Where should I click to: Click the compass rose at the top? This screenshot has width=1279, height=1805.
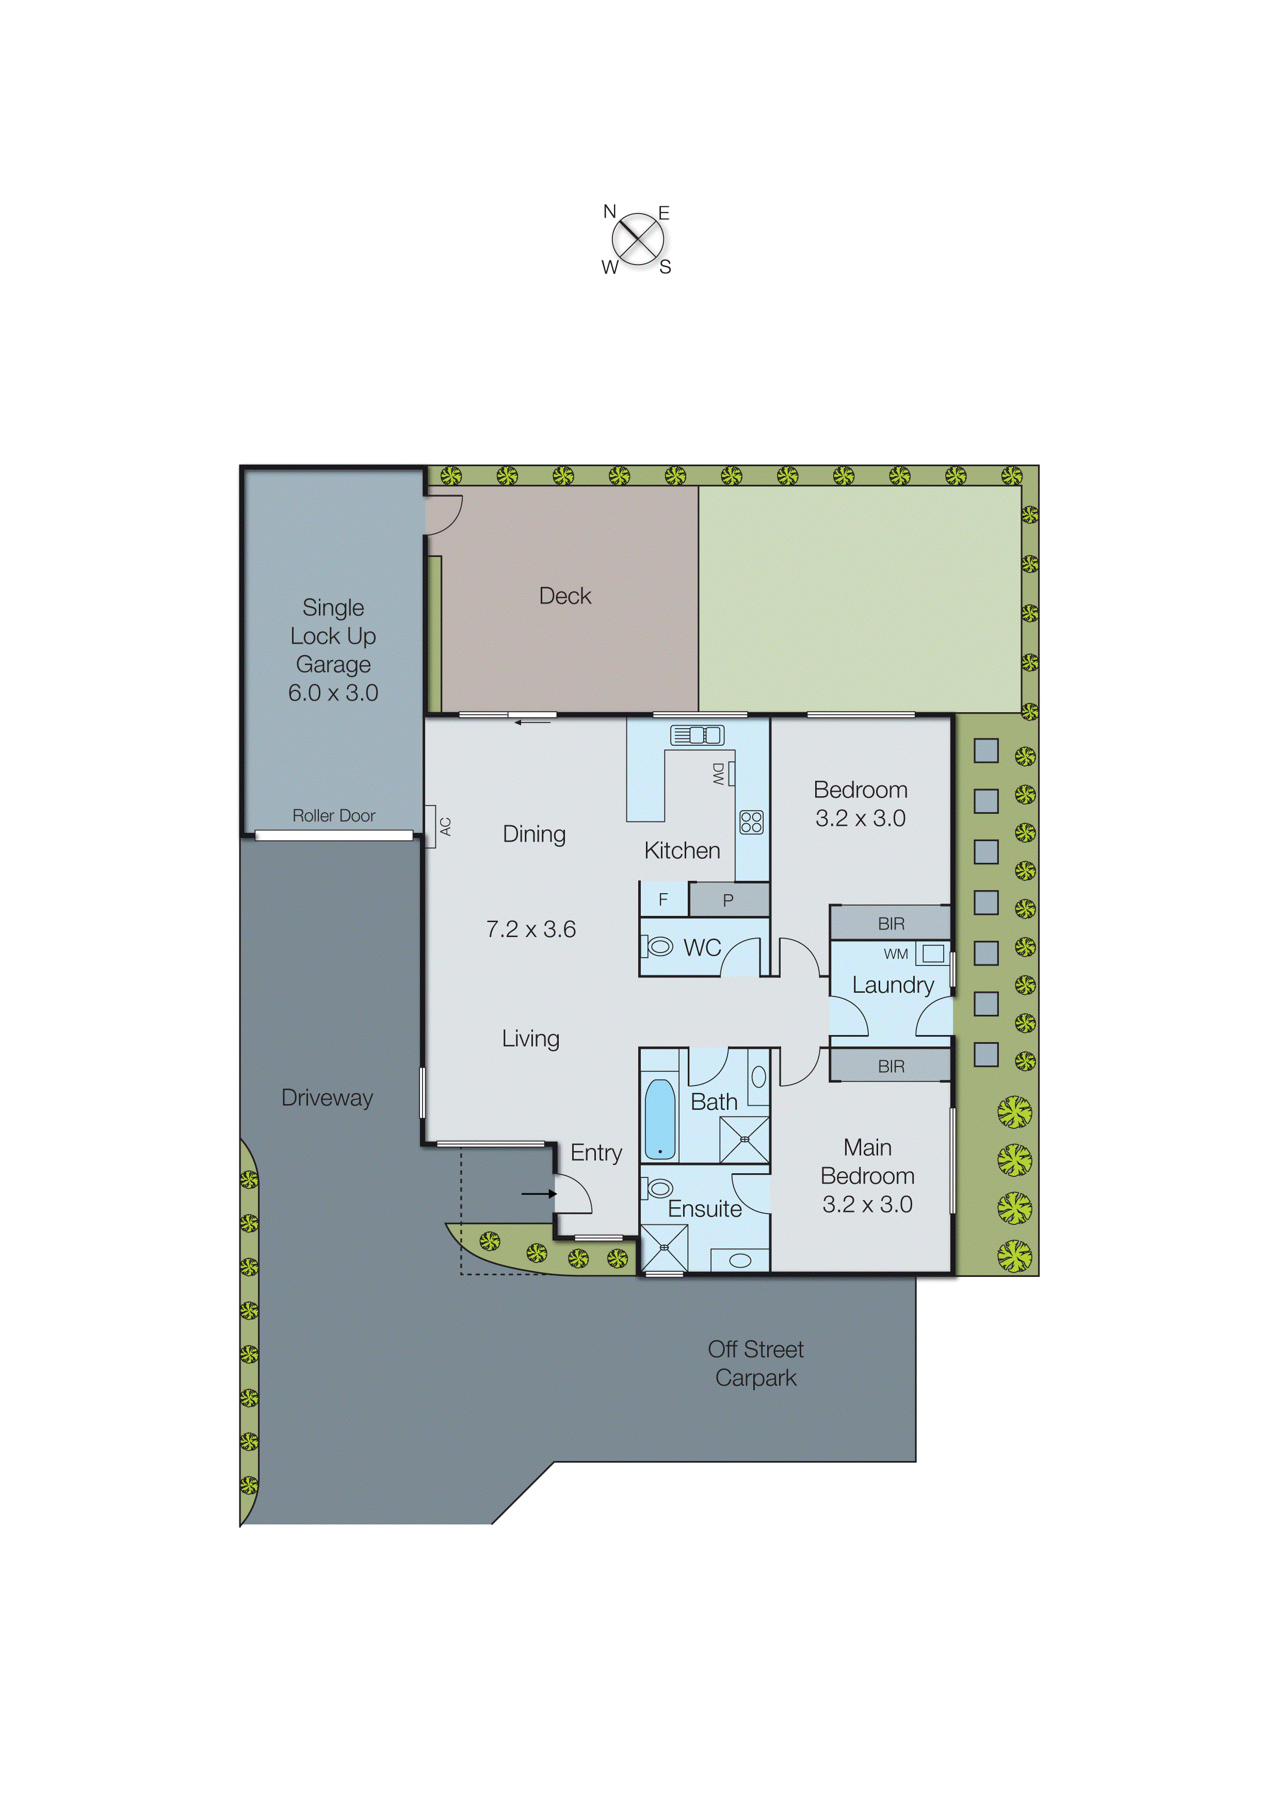point(637,239)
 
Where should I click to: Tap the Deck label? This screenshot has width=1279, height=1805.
point(564,596)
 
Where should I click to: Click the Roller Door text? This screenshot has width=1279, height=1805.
point(333,815)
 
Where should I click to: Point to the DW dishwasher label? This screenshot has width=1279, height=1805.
point(718,773)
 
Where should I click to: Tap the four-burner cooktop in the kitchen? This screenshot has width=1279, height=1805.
point(751,823)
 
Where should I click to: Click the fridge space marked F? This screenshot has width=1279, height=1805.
point(663,899)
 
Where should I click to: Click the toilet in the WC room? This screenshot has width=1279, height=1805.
point(657,946)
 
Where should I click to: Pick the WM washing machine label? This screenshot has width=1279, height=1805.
point(896,954)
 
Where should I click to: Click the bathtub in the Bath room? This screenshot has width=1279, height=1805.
point(660,1120)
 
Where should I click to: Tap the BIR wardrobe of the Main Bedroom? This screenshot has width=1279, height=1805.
point(891,1066)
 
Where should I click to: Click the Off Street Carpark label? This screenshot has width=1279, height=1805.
point(755,1364)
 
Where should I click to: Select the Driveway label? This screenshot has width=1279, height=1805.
point(327,1097)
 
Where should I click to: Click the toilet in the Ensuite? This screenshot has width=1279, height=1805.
point(658,1188)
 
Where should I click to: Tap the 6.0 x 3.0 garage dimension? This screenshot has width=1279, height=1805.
point(333,693)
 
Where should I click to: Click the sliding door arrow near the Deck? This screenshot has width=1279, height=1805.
point(532,722)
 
